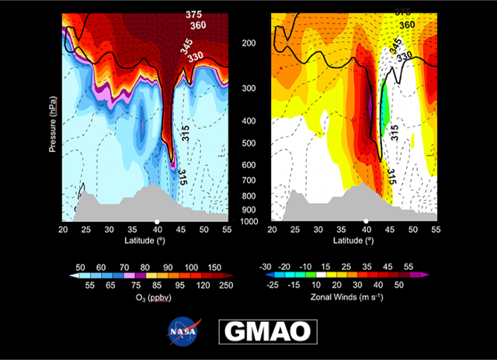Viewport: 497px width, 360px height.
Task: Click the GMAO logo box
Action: point(267,331)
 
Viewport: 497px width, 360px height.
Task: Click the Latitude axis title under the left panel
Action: point(146,241)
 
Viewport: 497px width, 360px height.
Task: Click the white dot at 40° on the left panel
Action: point(157,221)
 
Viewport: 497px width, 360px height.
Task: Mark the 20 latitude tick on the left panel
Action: point(63,230)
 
